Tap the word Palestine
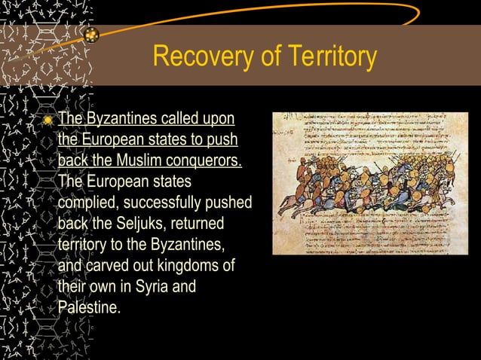[x=89, y=307]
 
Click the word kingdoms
[x=185, y=266]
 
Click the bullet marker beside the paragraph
[x=49, y=121]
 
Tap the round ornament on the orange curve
[x=92, y=35]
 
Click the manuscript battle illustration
[x=370, y=183]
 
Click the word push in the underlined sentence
[x=223, y=140]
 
